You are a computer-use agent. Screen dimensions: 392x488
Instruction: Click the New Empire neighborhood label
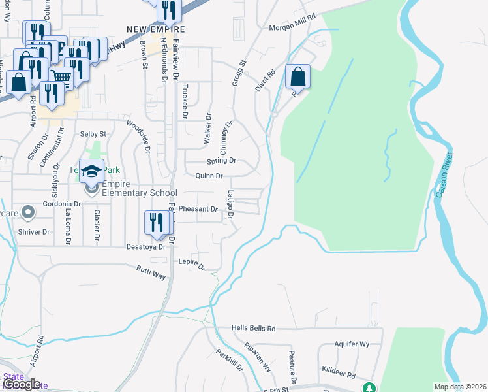click(x=156, y=29)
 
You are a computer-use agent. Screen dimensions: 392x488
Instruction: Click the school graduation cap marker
click(x=92, y=172)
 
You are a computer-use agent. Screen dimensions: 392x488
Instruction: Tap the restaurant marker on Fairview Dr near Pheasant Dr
click(x=157, y=222)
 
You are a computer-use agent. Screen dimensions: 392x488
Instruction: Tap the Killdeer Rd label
click(x=342, y=376)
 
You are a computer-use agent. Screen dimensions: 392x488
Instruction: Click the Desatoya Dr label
click(x=134, y=248)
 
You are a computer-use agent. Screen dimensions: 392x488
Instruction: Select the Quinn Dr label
click(x=209, y=176)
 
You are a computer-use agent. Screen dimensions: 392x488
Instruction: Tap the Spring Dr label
click(x=221, y=161)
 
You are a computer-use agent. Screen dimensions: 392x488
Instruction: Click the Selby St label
click(x=93, y=133)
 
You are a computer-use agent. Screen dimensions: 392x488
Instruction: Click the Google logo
click(x=22, y=385)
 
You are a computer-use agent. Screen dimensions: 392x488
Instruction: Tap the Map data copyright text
click(x=460, y=387)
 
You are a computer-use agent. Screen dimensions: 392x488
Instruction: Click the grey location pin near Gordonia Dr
click(x=28, y=212)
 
